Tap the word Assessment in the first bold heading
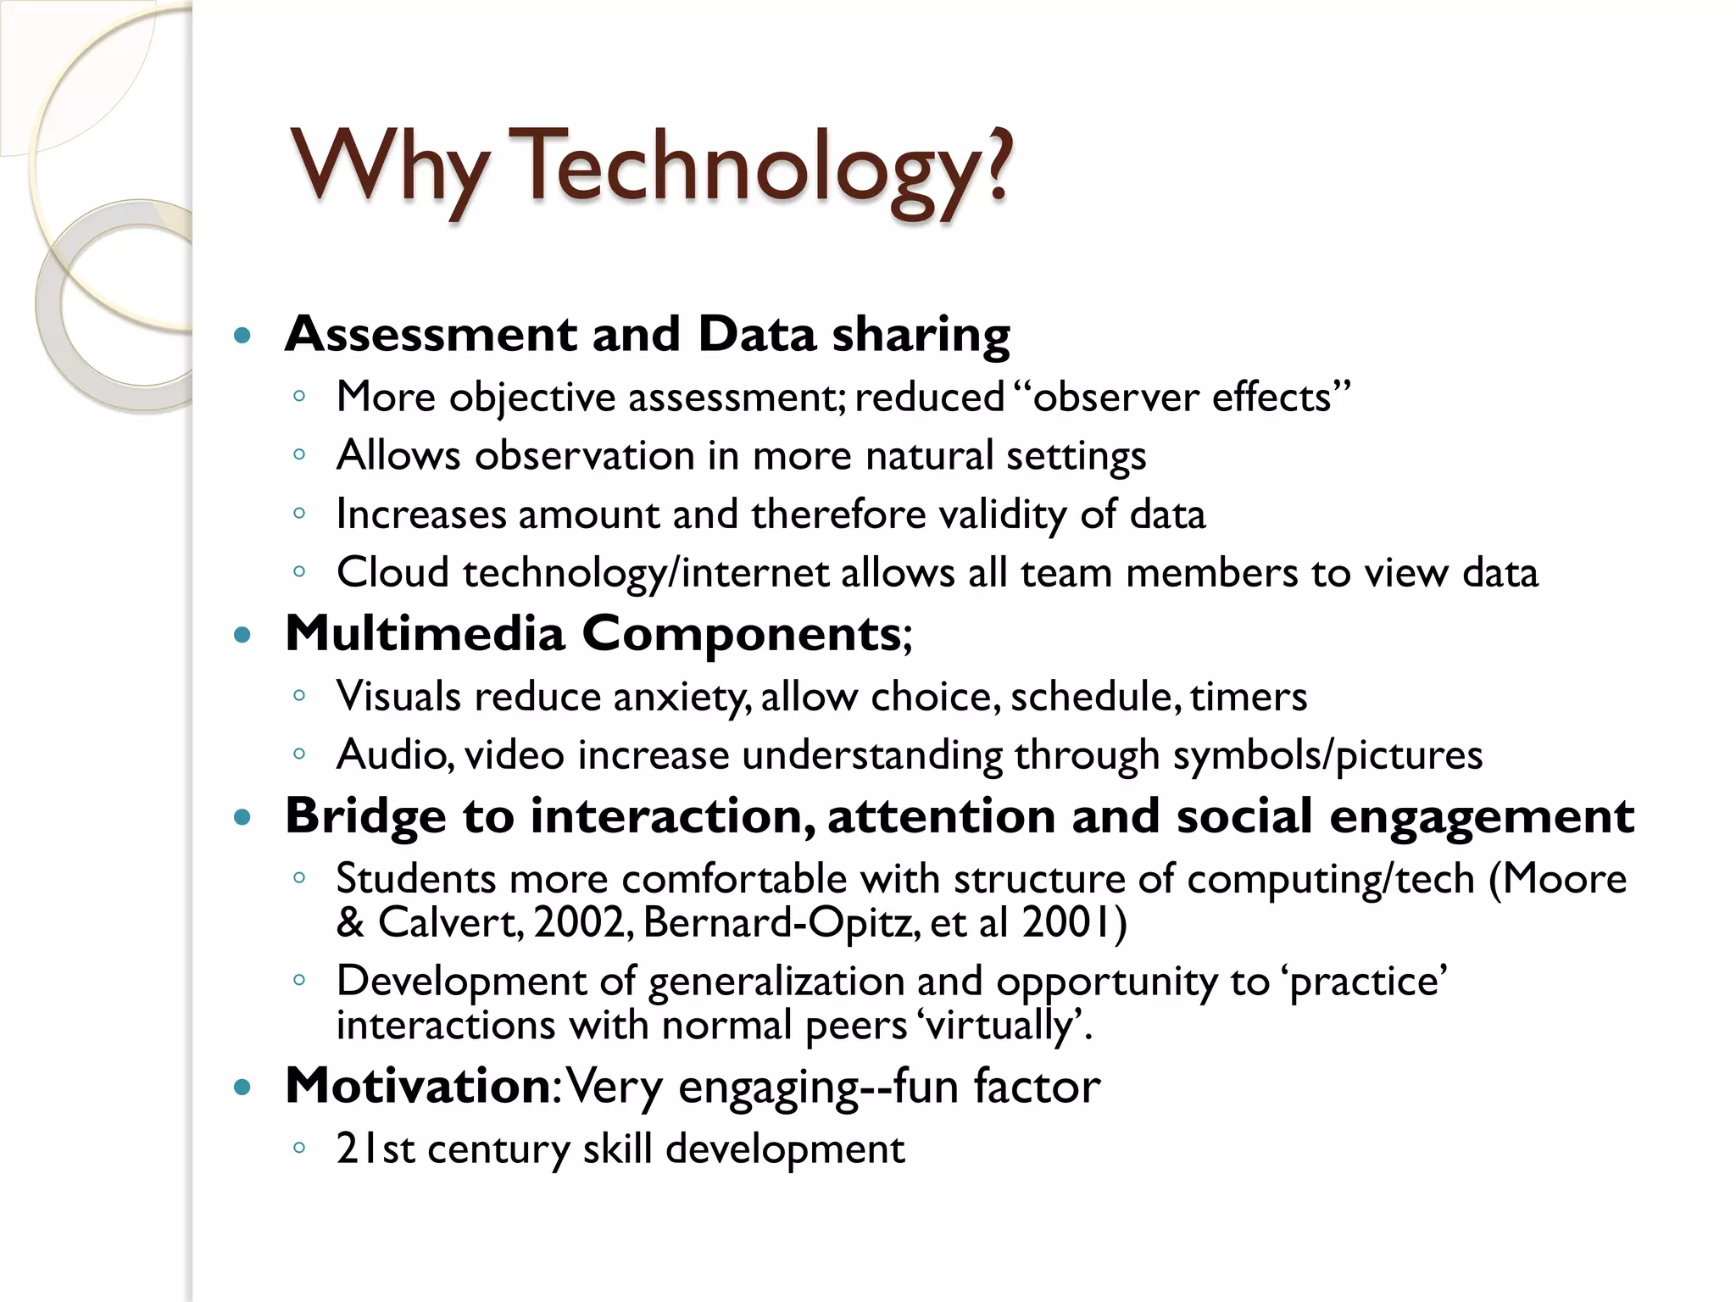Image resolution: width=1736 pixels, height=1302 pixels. [430, 334]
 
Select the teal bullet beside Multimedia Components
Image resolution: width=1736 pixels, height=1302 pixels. [242, 634]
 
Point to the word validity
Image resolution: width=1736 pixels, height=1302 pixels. [1003, 515]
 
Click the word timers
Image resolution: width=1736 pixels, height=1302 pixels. [1248, 697]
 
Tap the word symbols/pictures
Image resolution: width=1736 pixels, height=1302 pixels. [1327, 755]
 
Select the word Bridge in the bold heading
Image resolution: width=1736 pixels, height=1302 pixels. [365, 816]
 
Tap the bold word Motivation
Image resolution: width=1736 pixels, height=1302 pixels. [419, 1086]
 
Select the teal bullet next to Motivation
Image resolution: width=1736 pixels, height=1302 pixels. [242, 1088]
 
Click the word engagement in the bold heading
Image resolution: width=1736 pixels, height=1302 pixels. [1481, 816]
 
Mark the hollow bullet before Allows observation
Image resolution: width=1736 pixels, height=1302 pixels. [298, 455]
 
